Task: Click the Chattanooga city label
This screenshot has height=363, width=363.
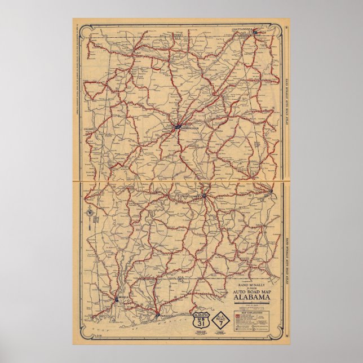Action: [x=244, y=27]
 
